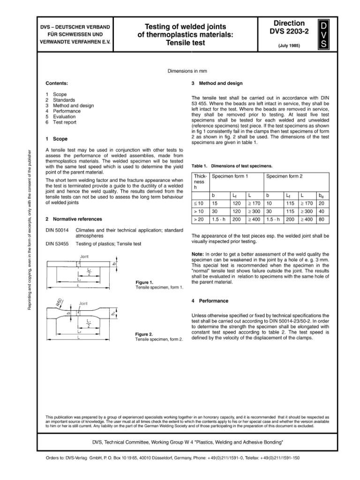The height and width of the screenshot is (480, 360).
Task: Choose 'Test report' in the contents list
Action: click(66, 122)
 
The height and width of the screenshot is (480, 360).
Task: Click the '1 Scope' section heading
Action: click(57, 139)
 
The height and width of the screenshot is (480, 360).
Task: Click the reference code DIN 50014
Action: click(57, 231)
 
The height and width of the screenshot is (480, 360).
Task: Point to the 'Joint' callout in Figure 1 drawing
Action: click(85, 257)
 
